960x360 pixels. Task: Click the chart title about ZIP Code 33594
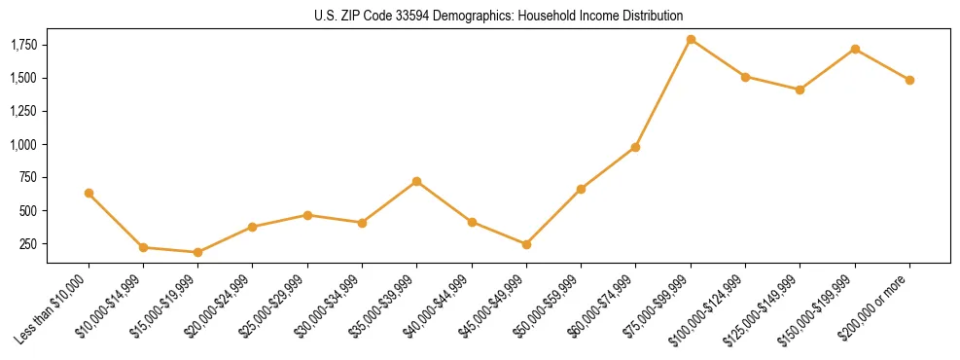pyautogui.click(x=498, y=17)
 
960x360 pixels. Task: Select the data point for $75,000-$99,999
pyautogui.click(x=691, y=40)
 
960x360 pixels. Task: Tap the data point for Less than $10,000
pyautogui.click(x=89, y=193)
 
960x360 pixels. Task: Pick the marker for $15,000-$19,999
pyautogui.click(x=197, y=252)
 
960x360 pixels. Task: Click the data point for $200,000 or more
pyautogui.click(x=909, y=80)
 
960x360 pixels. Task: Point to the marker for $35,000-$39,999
pyautogui.click(x=416, y=181)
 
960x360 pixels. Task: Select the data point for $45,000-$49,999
pyautogui.click(x=526, y=244)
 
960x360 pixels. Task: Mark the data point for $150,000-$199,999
pyautogui.click(x=855, y=49)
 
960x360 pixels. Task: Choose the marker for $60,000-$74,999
pyautogui.click(x=635, y=147)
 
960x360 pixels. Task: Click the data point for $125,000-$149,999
pyautogui.click(x=800, y=90)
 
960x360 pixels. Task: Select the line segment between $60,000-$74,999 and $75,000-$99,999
pyautogui.click(x=663, y=93)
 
